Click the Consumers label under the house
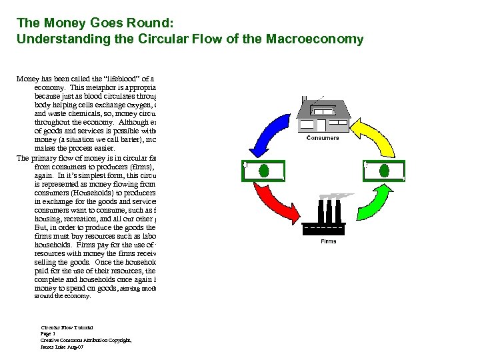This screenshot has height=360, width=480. pos(322,138)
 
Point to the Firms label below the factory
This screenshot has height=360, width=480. pos(329,241)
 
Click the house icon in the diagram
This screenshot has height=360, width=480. pos(323,113)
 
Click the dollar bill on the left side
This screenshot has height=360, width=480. pos(265,170)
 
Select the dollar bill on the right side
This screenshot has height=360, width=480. pos(383,170)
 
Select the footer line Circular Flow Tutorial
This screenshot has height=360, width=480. pos(67,327)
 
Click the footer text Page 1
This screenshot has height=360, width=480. pos(51,334)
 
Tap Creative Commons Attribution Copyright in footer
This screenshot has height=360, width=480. pos(86,341)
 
